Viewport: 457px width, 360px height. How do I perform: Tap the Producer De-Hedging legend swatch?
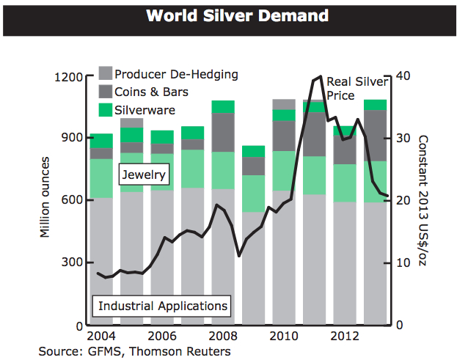(x=106, y=73)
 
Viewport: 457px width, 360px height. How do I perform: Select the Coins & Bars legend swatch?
(x=106, y=92)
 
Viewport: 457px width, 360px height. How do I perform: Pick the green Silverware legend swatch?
(x=106, y=110)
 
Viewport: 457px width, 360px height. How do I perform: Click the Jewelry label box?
(x=144, y=175)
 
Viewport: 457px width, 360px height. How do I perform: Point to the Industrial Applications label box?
(x=163, y=305)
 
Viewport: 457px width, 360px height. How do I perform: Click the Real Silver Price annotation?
(x=357, y=88)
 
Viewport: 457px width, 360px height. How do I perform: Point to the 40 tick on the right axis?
(x=403, y=76)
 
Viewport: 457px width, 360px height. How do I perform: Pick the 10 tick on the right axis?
(x=403, y=262)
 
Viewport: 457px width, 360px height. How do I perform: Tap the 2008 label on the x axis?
(x=223, y=337)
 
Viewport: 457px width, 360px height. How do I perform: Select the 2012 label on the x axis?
(x=343, y=337)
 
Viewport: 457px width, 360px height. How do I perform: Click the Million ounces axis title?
(x=45, y=196)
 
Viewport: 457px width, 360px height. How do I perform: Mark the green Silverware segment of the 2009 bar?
(x=253, y=151)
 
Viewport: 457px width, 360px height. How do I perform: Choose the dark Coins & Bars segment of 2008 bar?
(x=223, y=132)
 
